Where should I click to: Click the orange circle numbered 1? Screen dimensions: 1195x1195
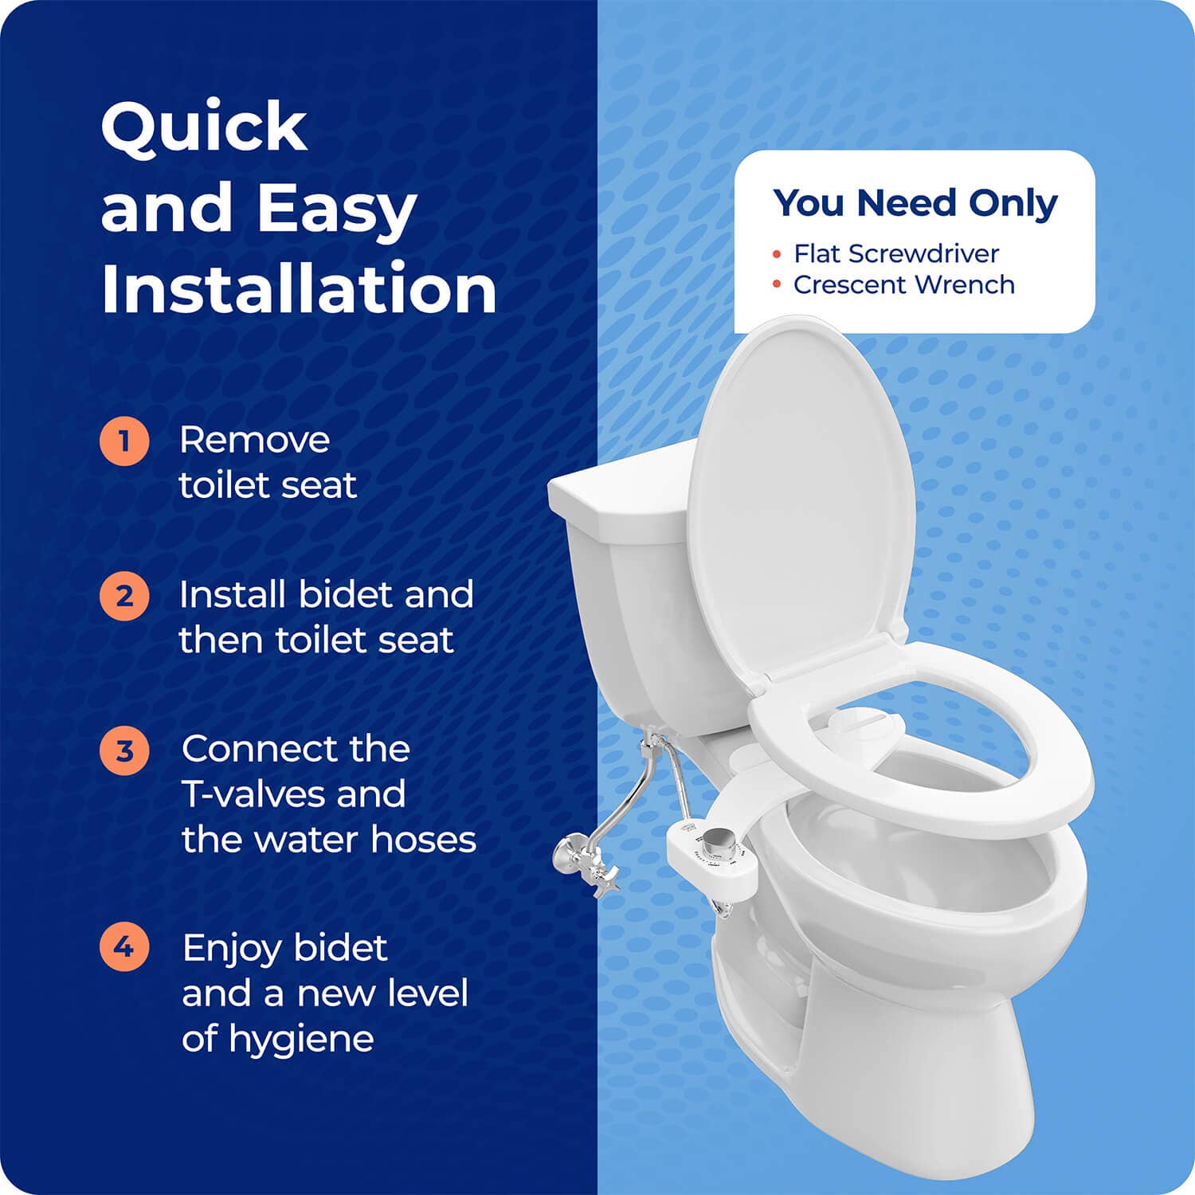pos(124,441)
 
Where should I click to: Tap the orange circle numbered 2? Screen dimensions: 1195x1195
pos(124,596)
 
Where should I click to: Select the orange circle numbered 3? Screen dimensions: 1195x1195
pos(124,750)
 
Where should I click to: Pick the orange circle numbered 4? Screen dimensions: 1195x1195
pos(124,947)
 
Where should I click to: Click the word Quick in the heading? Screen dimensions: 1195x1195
pos(204,127)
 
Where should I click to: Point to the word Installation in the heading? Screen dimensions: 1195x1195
pos(299,288)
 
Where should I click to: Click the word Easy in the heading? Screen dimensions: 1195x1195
pos(336,209)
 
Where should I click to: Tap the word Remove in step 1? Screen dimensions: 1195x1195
pos(254,441)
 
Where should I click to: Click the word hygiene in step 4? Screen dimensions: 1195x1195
pos(301,1039)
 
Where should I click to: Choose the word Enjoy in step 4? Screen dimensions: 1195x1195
pos(232,949)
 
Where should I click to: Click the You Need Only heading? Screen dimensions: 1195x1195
pos(915,203)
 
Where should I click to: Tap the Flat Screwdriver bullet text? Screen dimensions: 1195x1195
pos(895,253)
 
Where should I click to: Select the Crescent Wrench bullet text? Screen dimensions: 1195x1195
pos(903,284)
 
